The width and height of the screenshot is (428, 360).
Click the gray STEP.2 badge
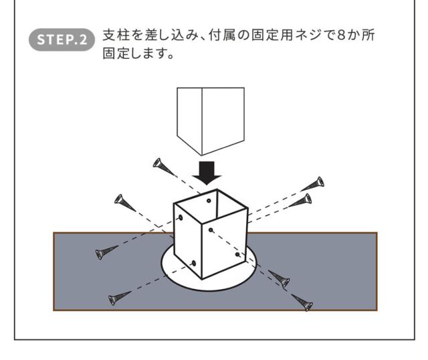[x=63, y=39]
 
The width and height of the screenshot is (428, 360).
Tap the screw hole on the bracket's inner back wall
[x=209, y=199]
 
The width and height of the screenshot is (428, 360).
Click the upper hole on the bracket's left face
[x=179, y=219]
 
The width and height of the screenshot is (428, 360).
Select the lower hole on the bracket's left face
[x=193, y=263]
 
